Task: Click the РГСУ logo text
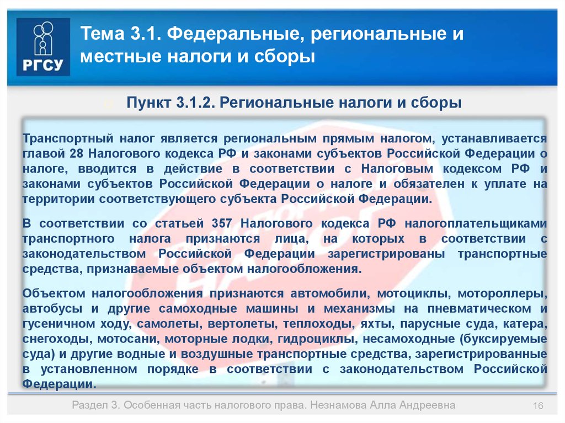coord(43,65)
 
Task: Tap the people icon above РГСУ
coord(43,38)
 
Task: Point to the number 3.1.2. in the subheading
coord(196,103)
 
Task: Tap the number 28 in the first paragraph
coord(77,153)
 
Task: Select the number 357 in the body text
coord(222,223)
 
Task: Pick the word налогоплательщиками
coord(476,224)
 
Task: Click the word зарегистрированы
coord(386,254)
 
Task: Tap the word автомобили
coord(330,293)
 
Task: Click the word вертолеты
coord(243,324)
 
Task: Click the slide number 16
coord(538,406)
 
